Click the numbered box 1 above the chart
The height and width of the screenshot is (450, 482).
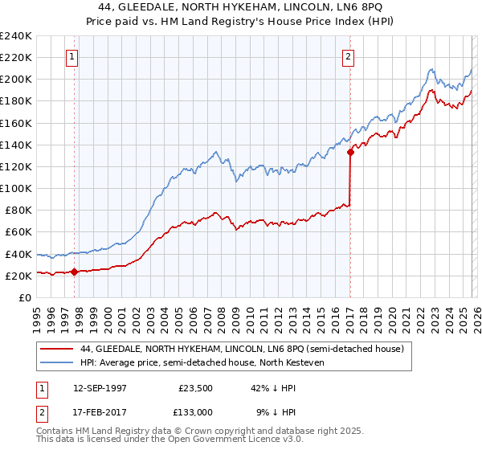[x=73, y=57]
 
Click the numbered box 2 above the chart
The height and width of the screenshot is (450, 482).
[x=349, y=57]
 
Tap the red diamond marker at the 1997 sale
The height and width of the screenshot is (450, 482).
[x=74, y=272]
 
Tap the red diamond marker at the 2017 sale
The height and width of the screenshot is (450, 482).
[x=350, y=152]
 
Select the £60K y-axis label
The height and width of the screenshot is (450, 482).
[x=18, y=231]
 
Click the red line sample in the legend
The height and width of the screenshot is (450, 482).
[x=57, y=349]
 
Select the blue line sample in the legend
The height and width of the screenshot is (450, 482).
[x=57, y=362]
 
